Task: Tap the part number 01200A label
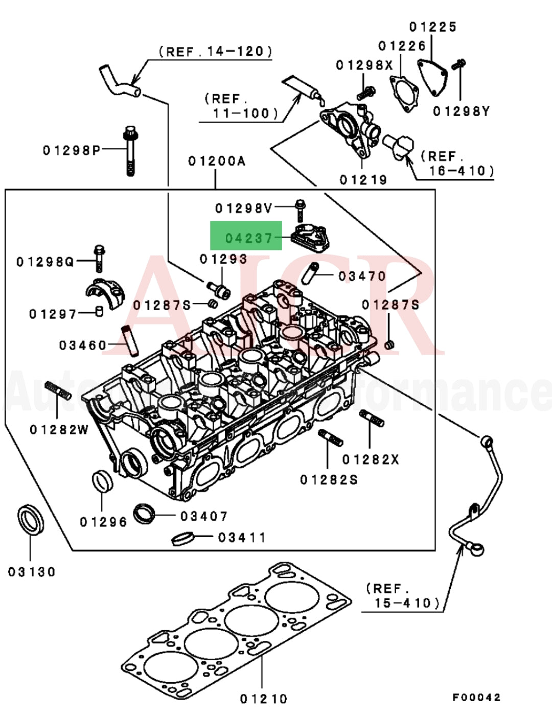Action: pyautogui.click(x=217, y=161)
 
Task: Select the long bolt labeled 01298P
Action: pyautogui.click(x=130, y=150)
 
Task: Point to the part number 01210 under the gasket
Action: pyautogui.click(x=263, y=698)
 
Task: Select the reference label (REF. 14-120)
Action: pyautogui.click(x=215, y=52)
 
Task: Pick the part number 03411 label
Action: pyautogui.click(x=242, y=538)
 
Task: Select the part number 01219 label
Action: pyautogui.click(x=363, y=180)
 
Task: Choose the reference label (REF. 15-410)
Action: pyautogui.click(x=403, y=596)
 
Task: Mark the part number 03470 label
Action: pyautogui.click(x=362, y=276)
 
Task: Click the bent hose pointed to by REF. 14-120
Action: pyautogui.click(x=119, y=83)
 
